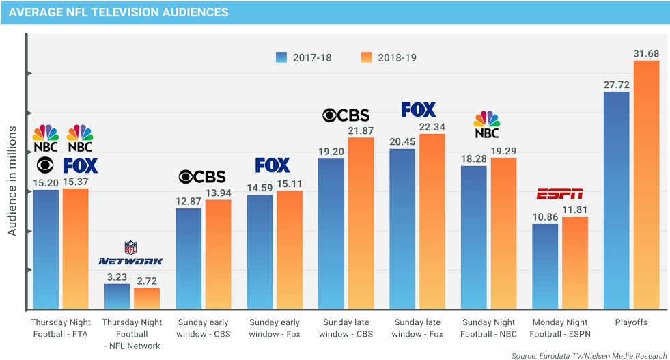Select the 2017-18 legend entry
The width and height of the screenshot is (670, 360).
304,57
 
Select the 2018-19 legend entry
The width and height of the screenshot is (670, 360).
388,57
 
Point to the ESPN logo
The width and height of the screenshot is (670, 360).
559,193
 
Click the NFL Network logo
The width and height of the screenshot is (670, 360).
130,253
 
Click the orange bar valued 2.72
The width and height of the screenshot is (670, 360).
147,299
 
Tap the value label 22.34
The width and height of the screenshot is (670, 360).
432,126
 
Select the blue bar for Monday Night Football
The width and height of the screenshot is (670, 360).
545,266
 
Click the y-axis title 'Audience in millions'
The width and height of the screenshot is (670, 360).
12,181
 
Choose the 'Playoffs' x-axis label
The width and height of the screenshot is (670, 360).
630,322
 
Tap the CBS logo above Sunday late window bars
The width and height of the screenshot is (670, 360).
346,115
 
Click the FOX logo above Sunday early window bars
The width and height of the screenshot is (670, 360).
273,165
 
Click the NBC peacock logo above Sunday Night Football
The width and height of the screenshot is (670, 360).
487,124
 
